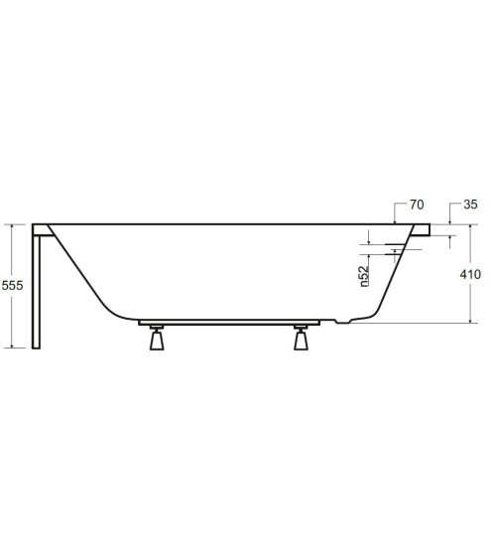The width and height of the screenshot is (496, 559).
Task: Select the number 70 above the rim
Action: click(x=416, y=206)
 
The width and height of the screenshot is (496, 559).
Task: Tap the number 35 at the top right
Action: click(x=470, y=206)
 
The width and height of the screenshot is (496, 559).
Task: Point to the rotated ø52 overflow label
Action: click(x=365, y=275)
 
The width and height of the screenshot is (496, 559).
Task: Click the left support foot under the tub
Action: click(x=155, y=340)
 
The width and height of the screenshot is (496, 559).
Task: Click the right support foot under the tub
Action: click(x=303, y=340)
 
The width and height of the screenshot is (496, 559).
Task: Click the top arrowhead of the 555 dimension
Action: click(x=13, y=227)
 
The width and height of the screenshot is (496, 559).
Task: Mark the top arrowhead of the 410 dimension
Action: click(x=468, y=227)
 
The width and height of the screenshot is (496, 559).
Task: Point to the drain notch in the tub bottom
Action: click(x=342, y=321)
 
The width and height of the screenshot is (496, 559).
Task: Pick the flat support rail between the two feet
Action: click(x=229, y=324)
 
